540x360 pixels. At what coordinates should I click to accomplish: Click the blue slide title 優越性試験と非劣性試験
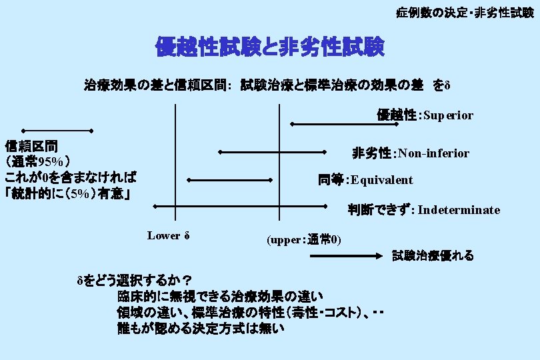(x=269, y=47)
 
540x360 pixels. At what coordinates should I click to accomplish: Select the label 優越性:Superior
(x=425, y=115)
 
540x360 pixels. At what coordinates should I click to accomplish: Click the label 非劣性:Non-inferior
(x=411, y=154)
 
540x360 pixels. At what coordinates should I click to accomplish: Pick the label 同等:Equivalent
(x=365, y=180)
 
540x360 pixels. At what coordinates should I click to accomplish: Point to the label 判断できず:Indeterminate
(x=423, y=210)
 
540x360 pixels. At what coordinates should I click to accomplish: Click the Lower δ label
(x=169, y=235)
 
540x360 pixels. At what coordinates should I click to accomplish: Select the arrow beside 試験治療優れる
(x=357, y=255)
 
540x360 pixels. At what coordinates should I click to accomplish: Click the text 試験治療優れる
(x=433, y=255)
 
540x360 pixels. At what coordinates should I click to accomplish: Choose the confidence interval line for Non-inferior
(x=273, y=153)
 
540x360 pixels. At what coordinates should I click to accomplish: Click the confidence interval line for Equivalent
(x=231, y=180)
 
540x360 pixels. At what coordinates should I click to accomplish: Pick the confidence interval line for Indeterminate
(x=241, y=205)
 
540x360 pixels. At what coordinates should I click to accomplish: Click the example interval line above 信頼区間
(x=56, y=130)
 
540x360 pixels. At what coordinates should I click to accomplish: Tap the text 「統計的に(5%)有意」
(x=67, y=194)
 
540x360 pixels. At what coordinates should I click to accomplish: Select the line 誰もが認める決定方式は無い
(x=200, y=328)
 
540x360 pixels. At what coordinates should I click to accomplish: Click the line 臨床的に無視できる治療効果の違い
(x=220, y=295)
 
